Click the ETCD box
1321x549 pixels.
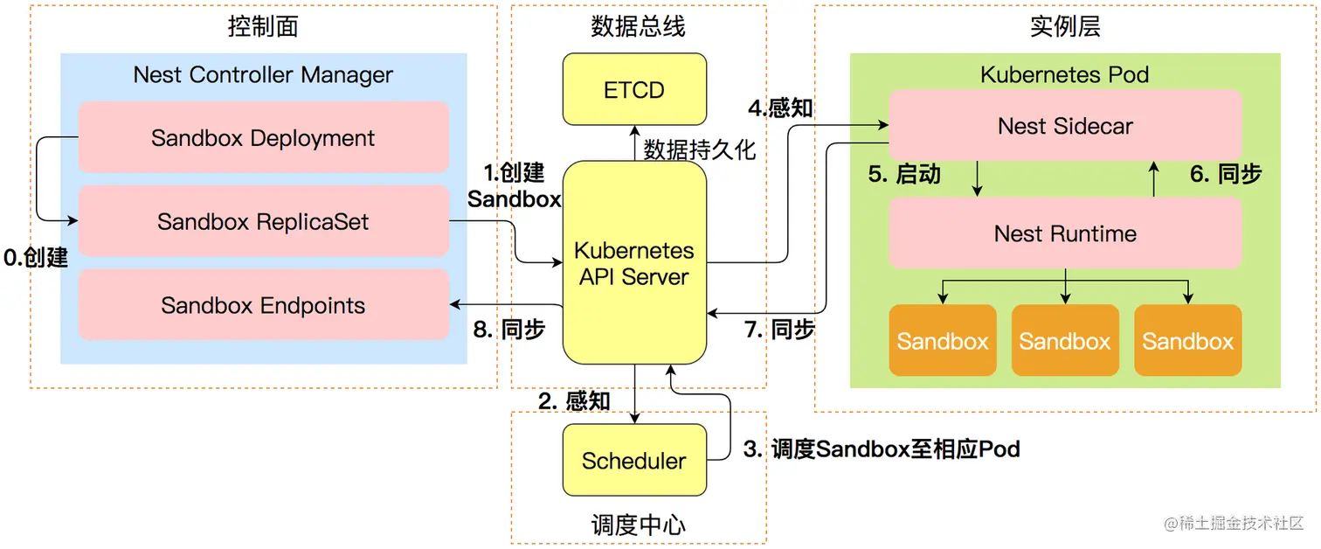pyautogui.click(x=634, y=89)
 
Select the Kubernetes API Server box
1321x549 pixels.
pyautogui.click(x=634, y=263)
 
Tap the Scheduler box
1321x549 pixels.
pyautogui.click(x=634, y=461)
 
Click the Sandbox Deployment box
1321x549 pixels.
pyautogui.click(x=263, y=138)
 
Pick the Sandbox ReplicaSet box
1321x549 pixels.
pyautogui.click(x=263, y=222)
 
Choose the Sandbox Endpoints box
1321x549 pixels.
pyautogui.click(x=263, y=306)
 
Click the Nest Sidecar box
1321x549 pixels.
pyautogui.click(x=1065, y=126)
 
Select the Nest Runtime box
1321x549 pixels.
pyautogui.click(x=1065, y=233)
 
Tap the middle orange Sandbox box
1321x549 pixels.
pyautogui.click(x=1065, y=341)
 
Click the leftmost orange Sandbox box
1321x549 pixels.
pyautogui.click(x=943, y=341)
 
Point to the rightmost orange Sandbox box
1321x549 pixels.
pyautogui.click(x=1188, y=341)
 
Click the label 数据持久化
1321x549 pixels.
pyautogui.click(x=700, y=149)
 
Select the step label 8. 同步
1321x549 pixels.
pyautogui.click(x=509, y=330)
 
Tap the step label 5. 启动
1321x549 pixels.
pyautogui.click(x=904, y=174)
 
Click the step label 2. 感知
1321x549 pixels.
pyautogui.click(x=574, y=401)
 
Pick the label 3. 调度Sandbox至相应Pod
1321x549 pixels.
pyautogui.click(x=882, y=449)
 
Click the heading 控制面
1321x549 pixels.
pyautogui.click(x=263, y=26)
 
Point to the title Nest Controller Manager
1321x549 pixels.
pyautogui.click(x=263, y=75)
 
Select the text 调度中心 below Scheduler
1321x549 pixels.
pyautogui.click(x=639, y=525)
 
